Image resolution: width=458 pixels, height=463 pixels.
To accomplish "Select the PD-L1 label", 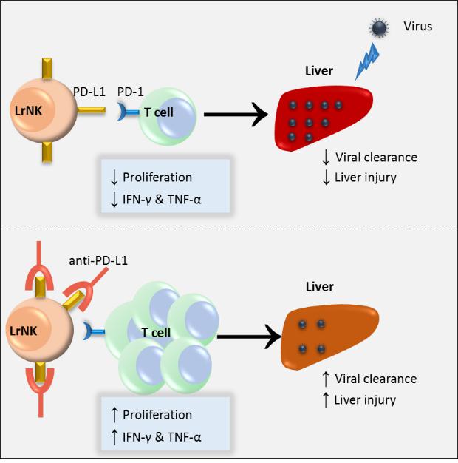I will click(90, 91).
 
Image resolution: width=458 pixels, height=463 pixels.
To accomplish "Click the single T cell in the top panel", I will click(166, 115).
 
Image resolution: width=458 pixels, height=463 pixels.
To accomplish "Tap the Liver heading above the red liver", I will click(319, 72).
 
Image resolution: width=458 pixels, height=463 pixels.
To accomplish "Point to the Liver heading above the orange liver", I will click(319, 286).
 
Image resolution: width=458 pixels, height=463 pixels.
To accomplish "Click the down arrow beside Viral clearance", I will click(326, 157).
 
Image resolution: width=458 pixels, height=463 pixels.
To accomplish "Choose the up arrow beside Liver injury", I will click(326, 399).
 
